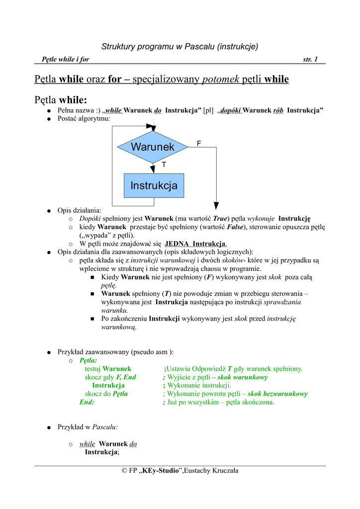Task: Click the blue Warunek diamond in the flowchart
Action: [153, 147]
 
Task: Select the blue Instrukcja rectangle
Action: [154, 186]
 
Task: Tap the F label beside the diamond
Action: [198, 143]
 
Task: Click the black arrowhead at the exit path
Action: [216, 205]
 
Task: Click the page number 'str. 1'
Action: [310, 60]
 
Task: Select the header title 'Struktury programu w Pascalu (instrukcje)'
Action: [180, 47]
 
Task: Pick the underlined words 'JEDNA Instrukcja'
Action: [195, 244]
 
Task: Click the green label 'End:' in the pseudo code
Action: [87, 402]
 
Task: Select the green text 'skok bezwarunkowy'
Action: [278, 394]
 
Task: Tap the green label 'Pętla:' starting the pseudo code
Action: [89, 360]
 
